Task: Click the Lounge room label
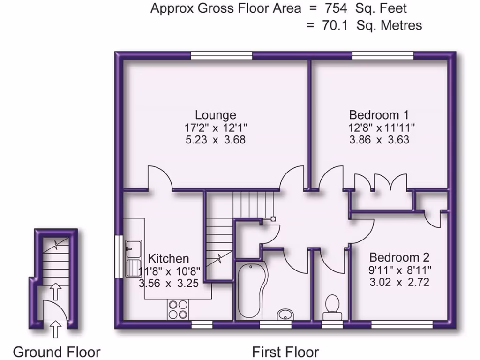click(x=216, y=115)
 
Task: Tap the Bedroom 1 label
click(x=379, y=115)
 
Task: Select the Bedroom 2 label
click(x=399, y=257)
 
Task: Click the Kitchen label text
click(x=169, y=258)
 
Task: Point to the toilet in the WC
click(x=332, y=304)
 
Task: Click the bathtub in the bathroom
click(x=252, y=291)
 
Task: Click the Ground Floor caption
click(x=56, y=352)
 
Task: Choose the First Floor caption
click(x=285, y=352)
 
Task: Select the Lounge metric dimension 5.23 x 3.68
click(x=216, y=140)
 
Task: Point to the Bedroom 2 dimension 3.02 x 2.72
click(x=399, y=282)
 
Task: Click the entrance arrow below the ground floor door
click(x=55, y=329)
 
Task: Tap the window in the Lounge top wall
click(x=221, y=56)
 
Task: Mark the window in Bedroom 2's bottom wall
click(x=402, y=324)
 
